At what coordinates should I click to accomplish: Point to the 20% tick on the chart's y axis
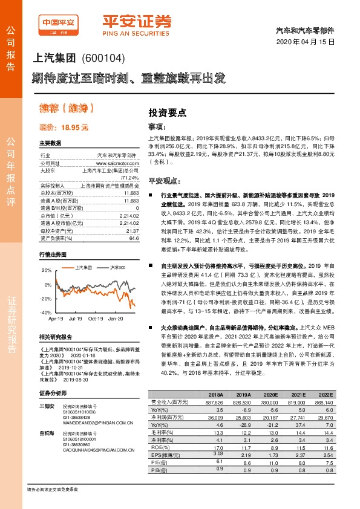coord(46,270)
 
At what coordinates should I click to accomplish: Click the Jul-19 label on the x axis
coord(76,318)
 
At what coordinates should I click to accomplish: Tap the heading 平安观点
coord(162,181)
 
